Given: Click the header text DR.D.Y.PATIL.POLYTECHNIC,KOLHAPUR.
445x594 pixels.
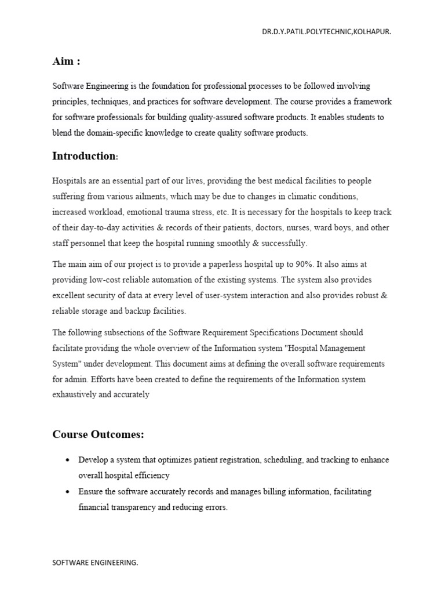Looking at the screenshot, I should point(326,32).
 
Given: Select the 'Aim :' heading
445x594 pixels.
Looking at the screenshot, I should point(66,62).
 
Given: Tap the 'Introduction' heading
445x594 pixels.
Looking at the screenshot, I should point(84,156).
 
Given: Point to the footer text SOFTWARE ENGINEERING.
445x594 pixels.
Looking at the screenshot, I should point(96,563).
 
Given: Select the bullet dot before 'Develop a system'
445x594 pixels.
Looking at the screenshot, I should point(68,460).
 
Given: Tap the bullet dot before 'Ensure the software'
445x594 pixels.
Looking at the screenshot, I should point(68,492).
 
